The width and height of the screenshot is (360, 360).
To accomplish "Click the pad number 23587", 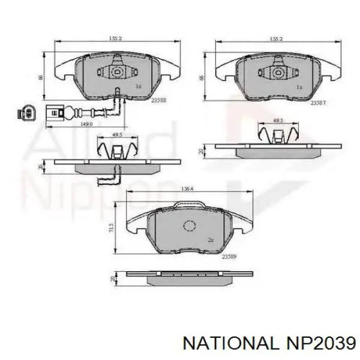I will coord(317,103).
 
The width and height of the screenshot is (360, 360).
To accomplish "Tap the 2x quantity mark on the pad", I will coord(211,239).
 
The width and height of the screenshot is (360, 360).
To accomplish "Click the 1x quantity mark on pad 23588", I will coord(138,86).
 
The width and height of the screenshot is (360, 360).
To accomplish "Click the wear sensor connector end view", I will coord(27,111).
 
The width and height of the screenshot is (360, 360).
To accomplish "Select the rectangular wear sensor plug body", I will coord(56,111).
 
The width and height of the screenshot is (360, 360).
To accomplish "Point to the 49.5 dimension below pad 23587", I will coord(277,121).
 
